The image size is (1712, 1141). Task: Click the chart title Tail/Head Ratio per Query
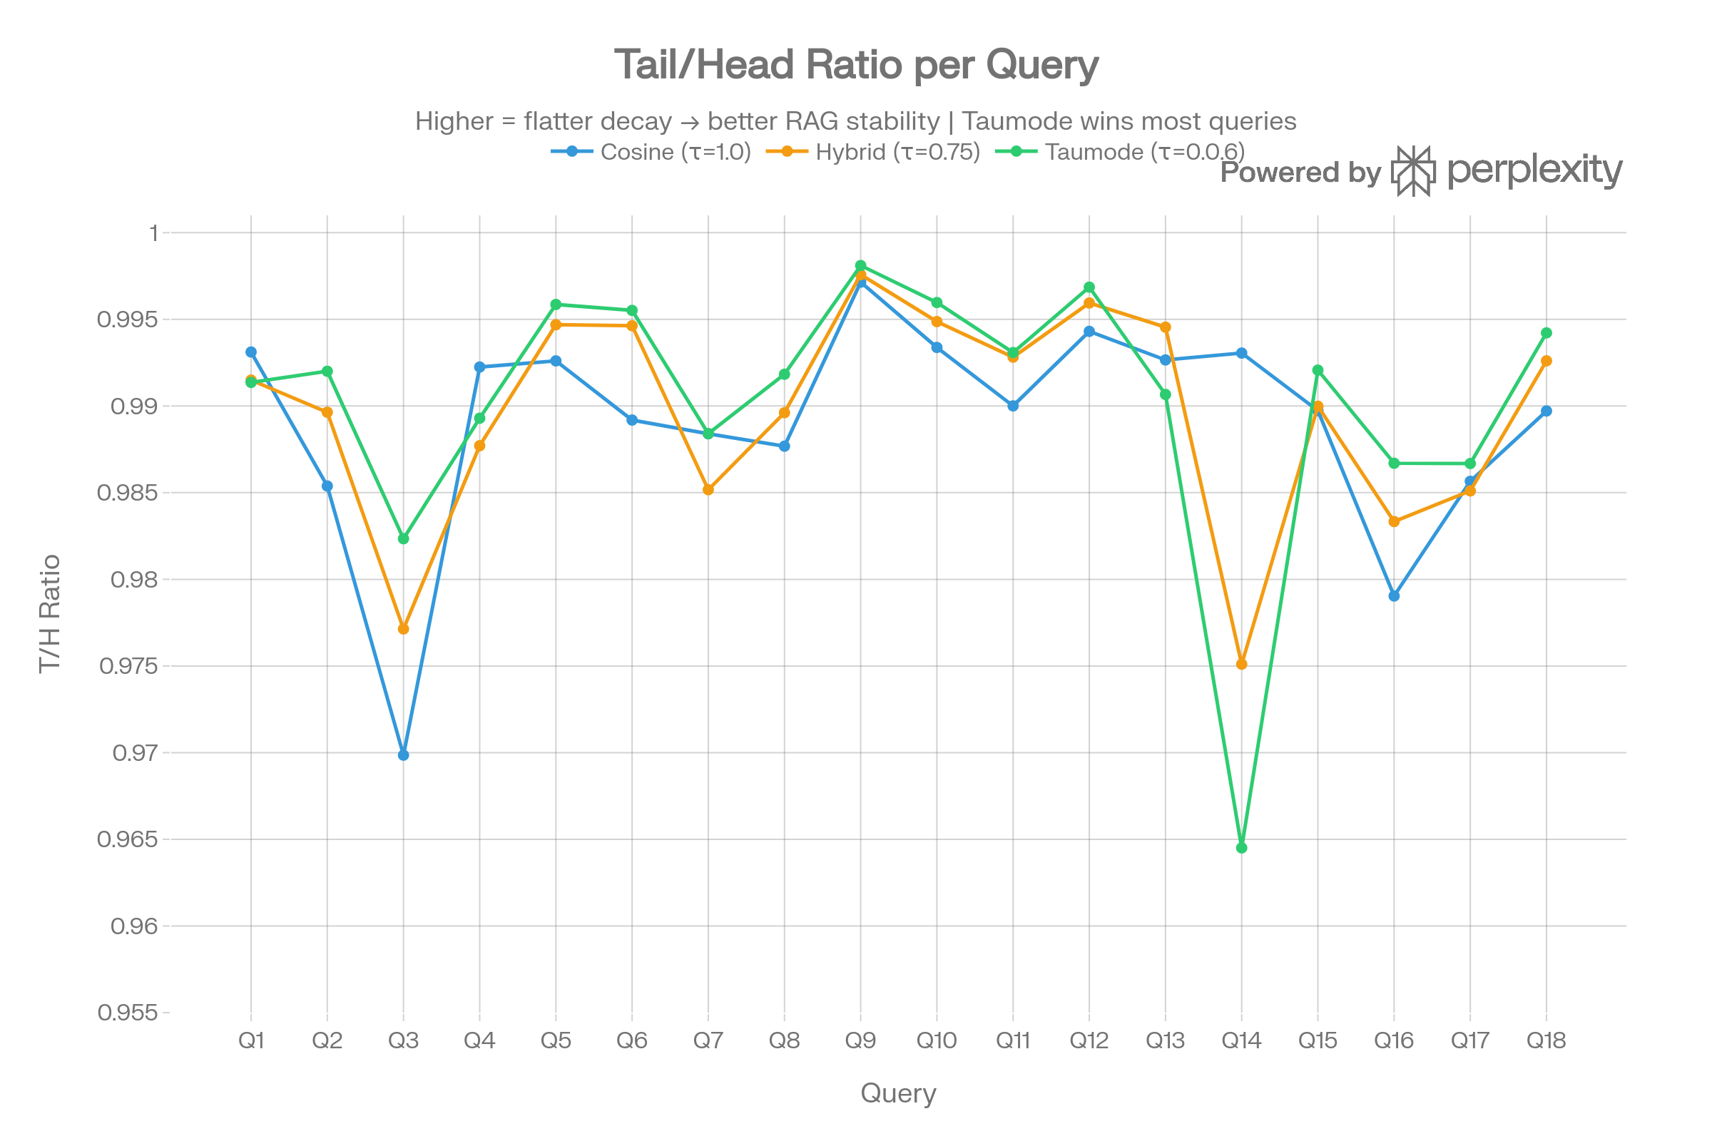856,65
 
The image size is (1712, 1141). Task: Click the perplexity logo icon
1413,171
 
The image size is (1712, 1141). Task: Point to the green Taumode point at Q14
1242,849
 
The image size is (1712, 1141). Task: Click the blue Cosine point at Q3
403,755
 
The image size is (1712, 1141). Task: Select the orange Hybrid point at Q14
1242,665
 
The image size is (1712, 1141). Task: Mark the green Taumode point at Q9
860,265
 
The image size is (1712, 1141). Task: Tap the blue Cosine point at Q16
1394,596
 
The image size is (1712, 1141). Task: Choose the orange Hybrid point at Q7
708,491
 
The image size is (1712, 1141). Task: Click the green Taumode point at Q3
403,538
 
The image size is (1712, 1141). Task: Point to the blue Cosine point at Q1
251,352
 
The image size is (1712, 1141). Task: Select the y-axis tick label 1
153,234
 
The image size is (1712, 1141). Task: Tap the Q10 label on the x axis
936,1041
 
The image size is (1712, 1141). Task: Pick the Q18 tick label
1546,1041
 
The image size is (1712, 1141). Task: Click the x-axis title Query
898,1094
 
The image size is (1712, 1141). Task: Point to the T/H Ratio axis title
49,613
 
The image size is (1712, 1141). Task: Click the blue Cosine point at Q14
1242,354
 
